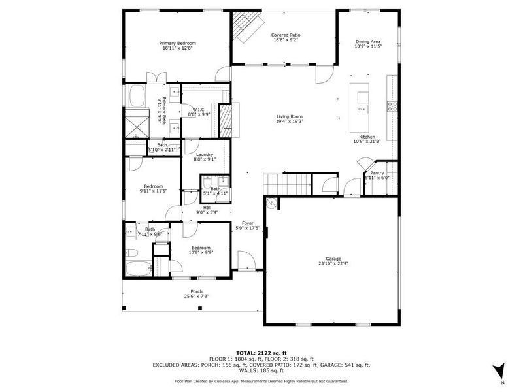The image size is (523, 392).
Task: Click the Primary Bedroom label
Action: (178, 43)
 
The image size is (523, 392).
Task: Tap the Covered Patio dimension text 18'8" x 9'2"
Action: (285, 40)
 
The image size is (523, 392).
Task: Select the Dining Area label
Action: (367, 41)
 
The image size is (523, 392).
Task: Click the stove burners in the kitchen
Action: (393, 106)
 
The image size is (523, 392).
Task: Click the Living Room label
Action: (289, 116)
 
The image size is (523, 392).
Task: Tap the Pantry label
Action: (377, 173)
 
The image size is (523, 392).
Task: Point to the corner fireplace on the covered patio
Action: (244, 27)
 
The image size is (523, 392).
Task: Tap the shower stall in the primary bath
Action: (137, 123)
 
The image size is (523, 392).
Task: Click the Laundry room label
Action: (205, 154)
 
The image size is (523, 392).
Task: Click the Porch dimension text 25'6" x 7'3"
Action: (196, 297)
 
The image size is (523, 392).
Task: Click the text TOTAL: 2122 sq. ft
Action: (261, 352)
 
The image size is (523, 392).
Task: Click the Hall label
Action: (207, 207)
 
